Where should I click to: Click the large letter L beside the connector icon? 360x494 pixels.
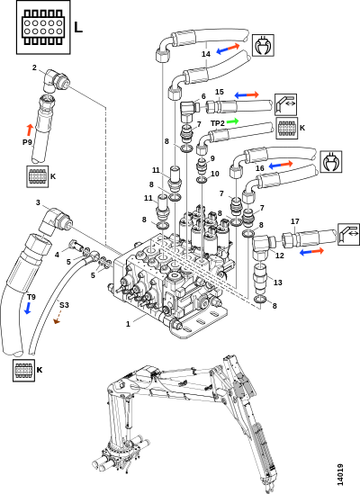pos(78,27)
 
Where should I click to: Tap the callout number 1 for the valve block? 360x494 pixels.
pos(128,324)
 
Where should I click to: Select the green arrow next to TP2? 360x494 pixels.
pos(232,121)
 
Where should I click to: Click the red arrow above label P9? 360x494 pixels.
pos(30,130)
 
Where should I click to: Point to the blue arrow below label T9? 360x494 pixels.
pos(28,308)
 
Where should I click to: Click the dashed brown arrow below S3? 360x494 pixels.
pos(57,317)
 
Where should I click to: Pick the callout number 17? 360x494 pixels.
pos(294,221)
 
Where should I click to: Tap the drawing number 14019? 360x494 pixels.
pos(340,474)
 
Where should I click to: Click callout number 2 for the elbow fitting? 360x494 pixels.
pos(34,67)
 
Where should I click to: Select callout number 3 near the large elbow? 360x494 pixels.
pos(38,202)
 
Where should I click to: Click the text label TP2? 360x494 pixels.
pos(218,123)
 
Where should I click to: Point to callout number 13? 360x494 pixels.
pos(278,283)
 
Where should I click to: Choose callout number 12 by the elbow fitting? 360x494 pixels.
pos(280,256)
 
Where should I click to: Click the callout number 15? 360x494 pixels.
pos(220,92)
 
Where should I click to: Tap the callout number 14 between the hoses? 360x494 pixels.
pos(206,54)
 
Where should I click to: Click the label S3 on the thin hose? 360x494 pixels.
pos(64,305)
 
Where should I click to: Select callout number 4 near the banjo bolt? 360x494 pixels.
pos(57,255)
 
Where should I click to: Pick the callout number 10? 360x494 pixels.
pos(215,174)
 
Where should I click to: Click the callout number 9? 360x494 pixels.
pos(212,158)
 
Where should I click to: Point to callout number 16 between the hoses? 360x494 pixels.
pos(260,168)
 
